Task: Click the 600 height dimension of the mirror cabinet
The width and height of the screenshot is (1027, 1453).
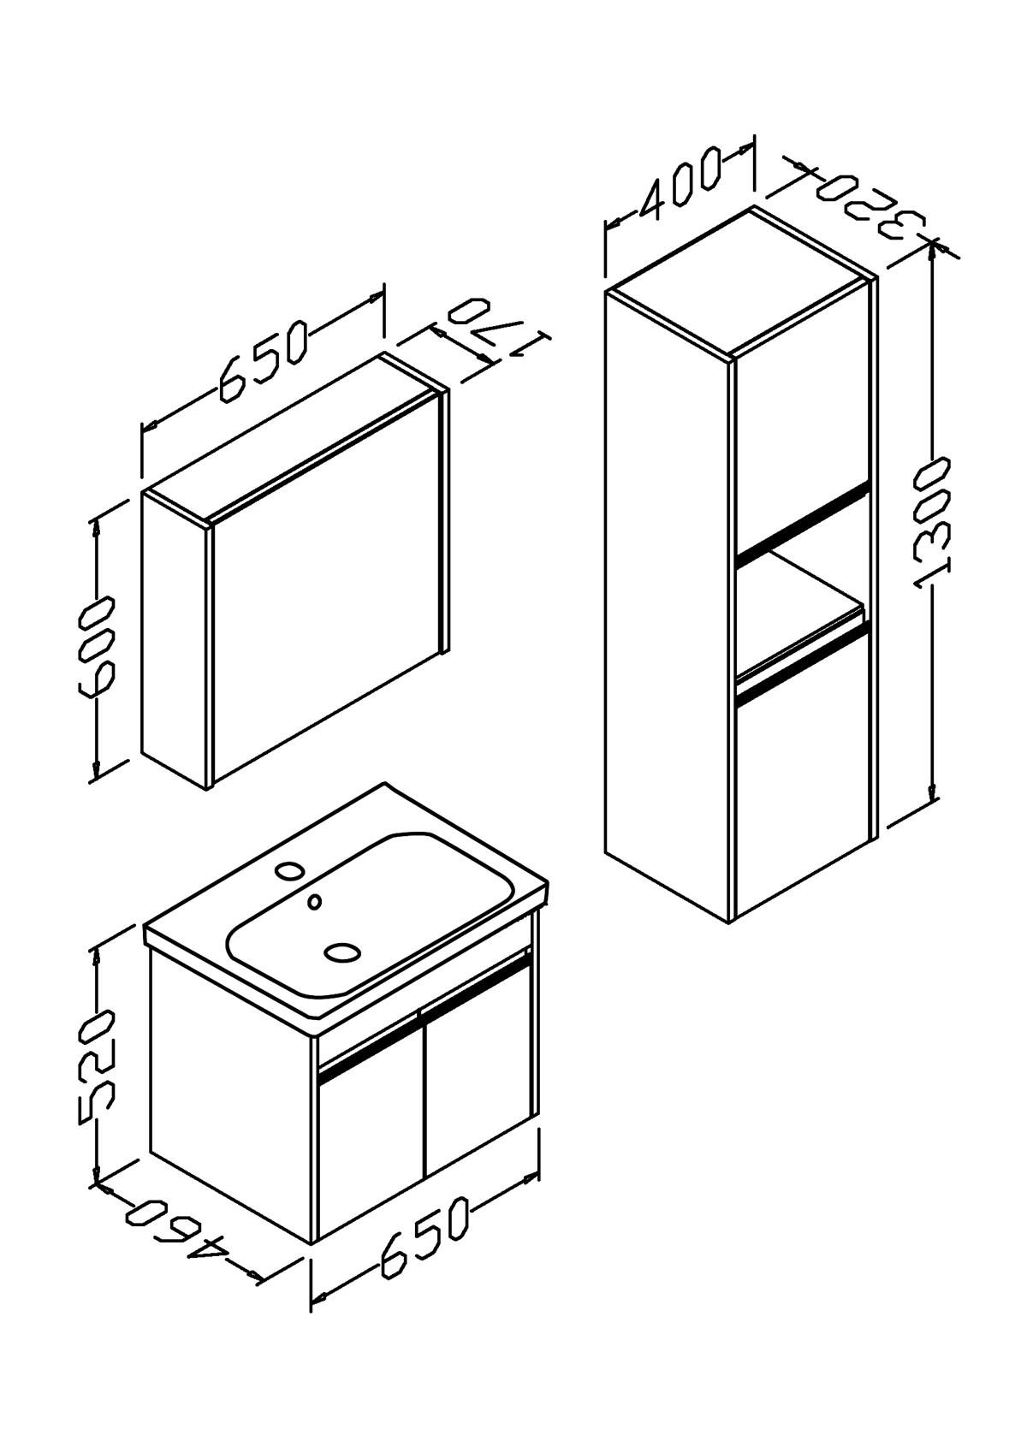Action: tap(97, 649)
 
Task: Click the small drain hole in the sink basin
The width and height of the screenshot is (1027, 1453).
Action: tap(315, 901)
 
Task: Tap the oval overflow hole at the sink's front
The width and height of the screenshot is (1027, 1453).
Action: tap(341, 952)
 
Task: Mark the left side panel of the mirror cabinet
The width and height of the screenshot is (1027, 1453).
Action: tap(175, 640)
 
